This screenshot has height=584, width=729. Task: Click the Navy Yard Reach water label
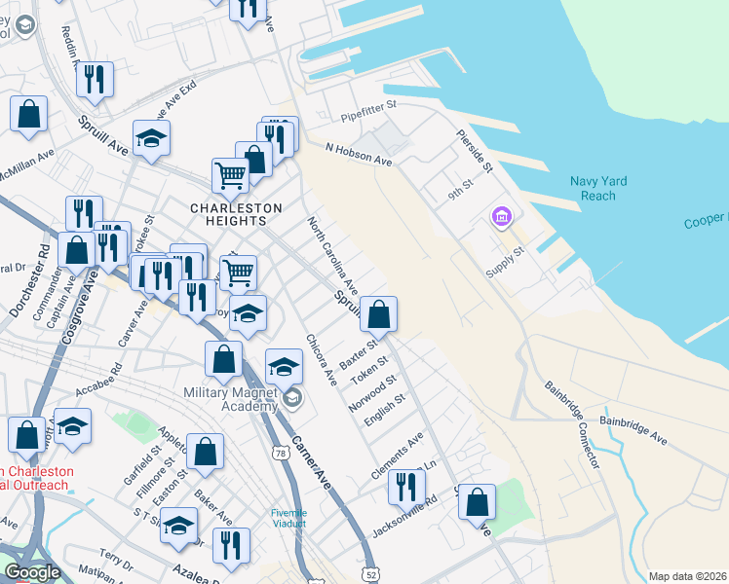tap(598, 189)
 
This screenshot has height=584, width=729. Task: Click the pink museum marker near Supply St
tap(502, 216)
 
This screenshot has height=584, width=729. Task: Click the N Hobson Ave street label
tap(358, 154)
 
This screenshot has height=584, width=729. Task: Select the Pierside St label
tap(476, 152)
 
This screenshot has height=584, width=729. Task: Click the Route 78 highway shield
tap(281, 454)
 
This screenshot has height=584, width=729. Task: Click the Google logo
tap(31, 572)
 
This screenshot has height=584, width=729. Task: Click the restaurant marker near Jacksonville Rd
tap(406, 487)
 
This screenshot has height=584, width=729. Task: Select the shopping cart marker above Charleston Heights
tap(231, 177)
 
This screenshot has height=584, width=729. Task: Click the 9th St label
tap(459, 188)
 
